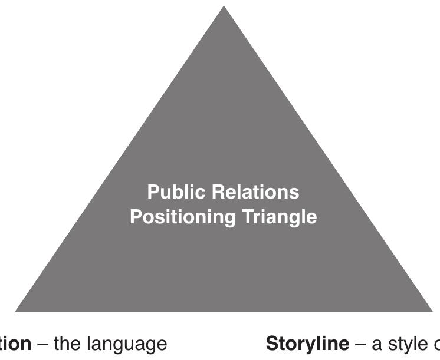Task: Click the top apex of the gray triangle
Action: tap(224, 7)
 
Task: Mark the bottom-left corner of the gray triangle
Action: tap(17, 311)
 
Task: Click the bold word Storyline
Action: tap(307, 344)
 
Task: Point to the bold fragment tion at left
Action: tap(15, 344)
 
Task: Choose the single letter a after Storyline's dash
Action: tap(375, 345)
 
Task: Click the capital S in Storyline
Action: tap(272, 344)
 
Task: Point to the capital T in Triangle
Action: tap(247, 217)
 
